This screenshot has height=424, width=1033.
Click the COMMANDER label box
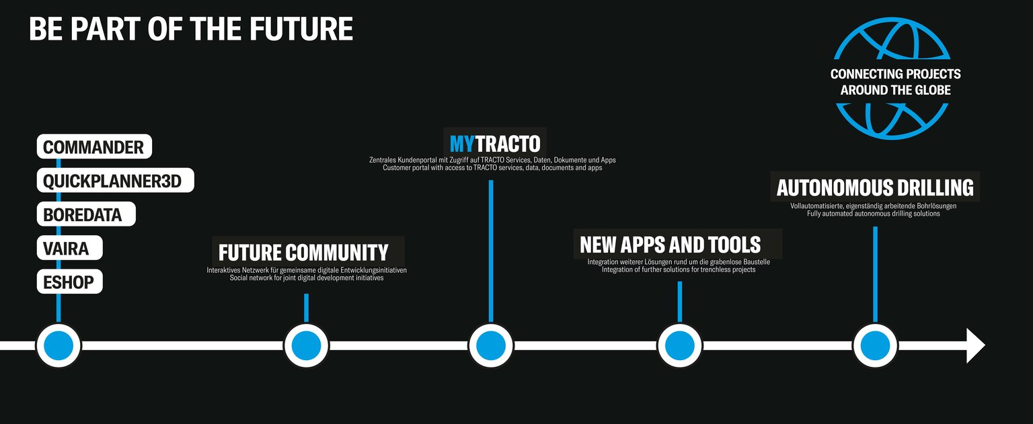click(94, 146)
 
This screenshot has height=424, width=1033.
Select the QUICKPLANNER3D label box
click(115, 180)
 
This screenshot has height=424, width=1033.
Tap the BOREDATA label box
click(86, 214)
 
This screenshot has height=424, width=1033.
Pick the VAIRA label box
click(70, 248)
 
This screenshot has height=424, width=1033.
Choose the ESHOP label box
click(70, 282)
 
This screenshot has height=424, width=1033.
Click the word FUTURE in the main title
click(301, 29)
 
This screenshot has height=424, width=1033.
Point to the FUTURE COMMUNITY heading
click(303, 253)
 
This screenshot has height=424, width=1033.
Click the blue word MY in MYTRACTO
click(462, 144)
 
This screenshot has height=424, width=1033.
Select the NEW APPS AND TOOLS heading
click(670, 245)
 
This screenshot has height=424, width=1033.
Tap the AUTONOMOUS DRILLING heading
click(875, 187)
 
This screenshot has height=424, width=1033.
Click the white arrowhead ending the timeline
click(975, 345)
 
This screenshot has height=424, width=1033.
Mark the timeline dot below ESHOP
click(59, 345)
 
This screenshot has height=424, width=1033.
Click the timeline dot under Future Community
click(306, 345)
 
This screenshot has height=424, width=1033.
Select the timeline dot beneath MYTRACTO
click(491, 345)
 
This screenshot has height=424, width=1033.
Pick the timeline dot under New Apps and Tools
click(680, 345)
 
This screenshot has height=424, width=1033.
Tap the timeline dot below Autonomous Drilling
click(875, 345)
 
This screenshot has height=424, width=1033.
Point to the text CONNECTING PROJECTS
click(896, 74)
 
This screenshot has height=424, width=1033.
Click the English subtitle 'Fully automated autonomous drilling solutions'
click(874, 214)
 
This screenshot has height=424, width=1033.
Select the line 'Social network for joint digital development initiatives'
click(307, 278)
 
